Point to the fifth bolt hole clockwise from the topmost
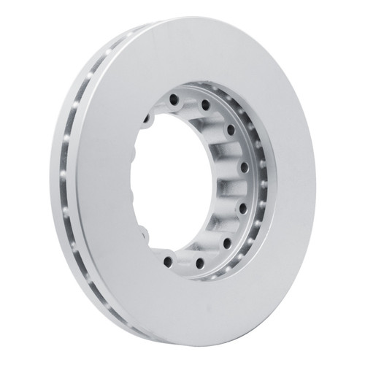click(x=245, y=188)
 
